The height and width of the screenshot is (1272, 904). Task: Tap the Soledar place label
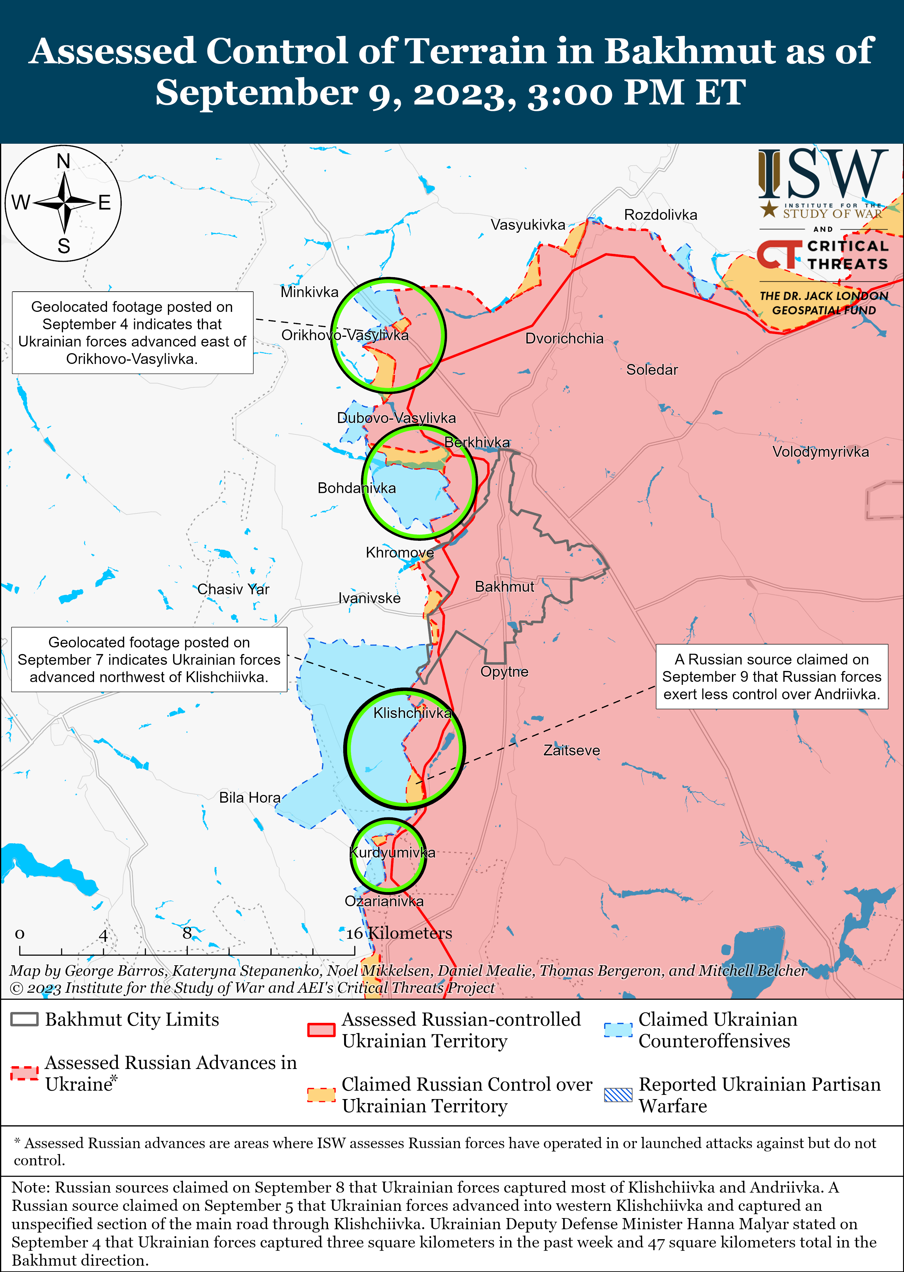652,369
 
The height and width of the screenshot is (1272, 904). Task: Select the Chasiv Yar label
233,589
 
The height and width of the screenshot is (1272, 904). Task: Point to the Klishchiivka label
412,713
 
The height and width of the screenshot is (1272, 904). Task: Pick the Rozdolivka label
660,215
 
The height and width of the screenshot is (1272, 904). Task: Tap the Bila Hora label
250,797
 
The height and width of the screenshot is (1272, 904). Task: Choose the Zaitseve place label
571,750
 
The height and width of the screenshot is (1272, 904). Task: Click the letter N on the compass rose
64,161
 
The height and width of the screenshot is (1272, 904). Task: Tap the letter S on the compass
64,245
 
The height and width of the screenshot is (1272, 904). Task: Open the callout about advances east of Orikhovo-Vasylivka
133,332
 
